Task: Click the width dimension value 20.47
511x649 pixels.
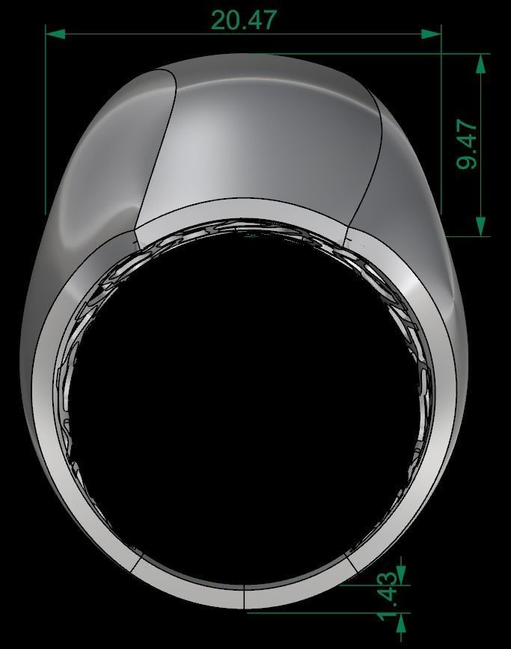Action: (244, 19)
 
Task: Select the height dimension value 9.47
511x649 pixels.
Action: (468, 144)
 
